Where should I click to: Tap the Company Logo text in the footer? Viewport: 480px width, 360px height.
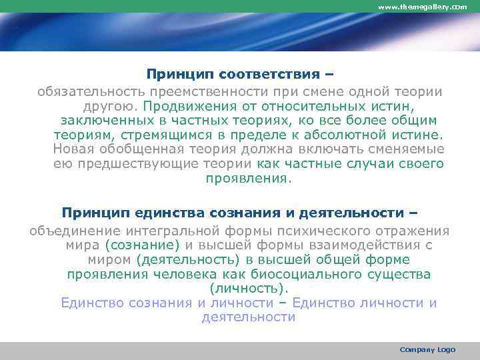coord(427,350)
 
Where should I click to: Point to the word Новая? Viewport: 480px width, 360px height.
coord(73,149)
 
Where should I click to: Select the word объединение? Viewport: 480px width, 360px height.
coord(71,231)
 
